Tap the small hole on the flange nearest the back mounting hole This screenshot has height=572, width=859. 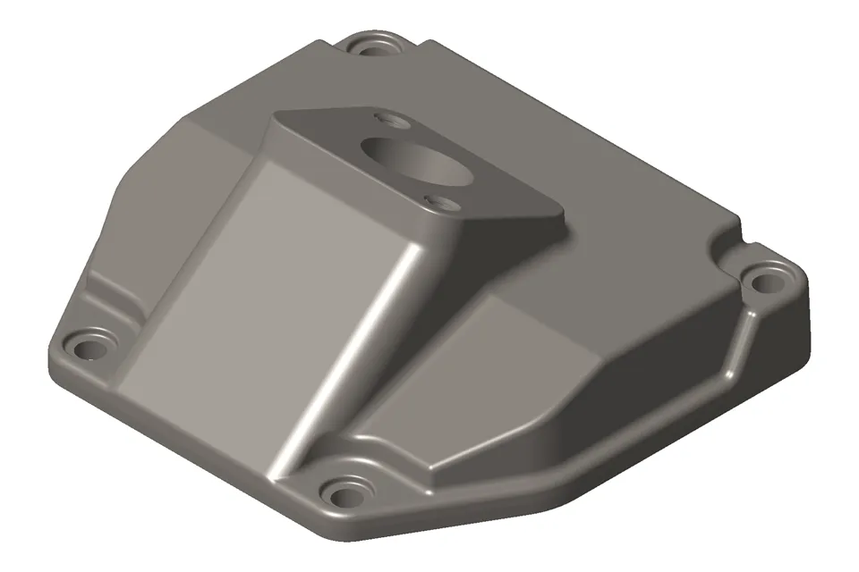click(x=388, y=118)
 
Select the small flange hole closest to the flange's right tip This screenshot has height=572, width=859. click(x=436, y=200)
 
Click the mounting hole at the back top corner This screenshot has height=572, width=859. click(x=371, y=43)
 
